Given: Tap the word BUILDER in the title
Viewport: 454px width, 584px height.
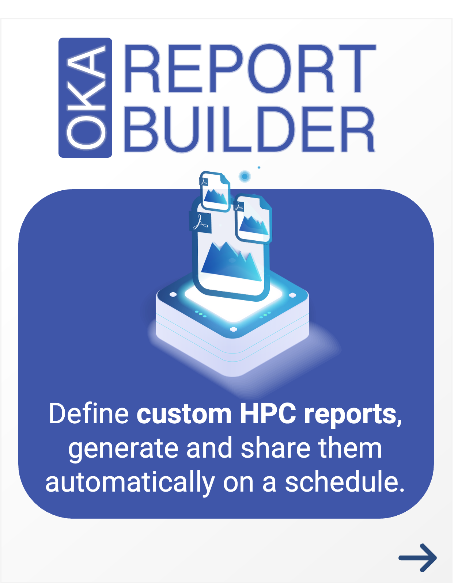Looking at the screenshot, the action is click(250, 129).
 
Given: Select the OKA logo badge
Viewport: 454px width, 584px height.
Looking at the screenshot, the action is click(85, 98).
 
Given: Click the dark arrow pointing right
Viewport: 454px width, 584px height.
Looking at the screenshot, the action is click(417, 558).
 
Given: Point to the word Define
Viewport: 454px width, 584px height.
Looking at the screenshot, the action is click(89, 414).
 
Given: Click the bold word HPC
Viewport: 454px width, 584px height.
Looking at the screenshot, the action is click(268, 414).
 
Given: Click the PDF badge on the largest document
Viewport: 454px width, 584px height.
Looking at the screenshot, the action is click(201, 223).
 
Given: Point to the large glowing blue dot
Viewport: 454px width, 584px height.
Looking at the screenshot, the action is click(245, 176).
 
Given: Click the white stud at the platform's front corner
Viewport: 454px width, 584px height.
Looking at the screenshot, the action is click(234, 329).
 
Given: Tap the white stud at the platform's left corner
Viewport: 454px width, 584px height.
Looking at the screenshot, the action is click(173, 294).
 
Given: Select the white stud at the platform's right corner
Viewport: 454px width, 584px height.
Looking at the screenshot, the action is click(293, 295).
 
